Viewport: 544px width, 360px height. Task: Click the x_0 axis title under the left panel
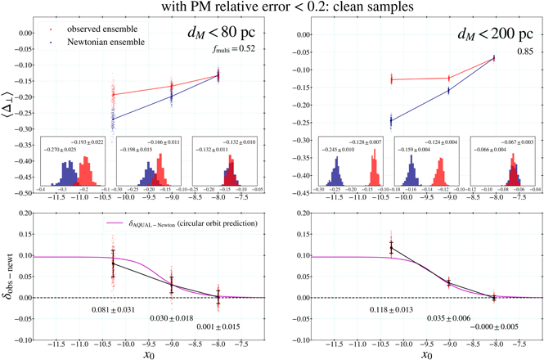pyautogui.click(x=150, y=354)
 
